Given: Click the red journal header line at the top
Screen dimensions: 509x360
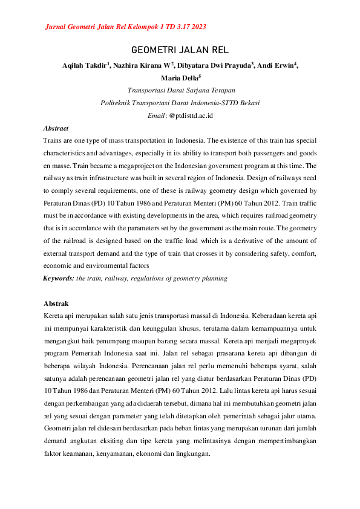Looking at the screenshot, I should click(125, 27).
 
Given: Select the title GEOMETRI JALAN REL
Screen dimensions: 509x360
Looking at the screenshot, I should click(180, 50).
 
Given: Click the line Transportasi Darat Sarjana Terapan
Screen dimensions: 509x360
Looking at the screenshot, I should click(180, 90).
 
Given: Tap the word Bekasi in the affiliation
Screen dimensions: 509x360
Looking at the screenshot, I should click(248, 103).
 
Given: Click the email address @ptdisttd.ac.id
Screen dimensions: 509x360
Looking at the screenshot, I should click(191, 115).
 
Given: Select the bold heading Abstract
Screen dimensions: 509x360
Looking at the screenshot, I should click(56, 128).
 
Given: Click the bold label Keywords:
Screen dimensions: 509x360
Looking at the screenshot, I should click(58, 278).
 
